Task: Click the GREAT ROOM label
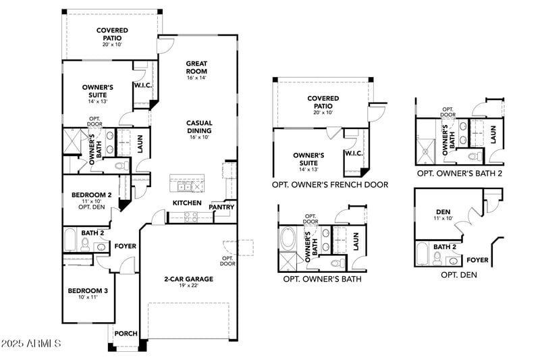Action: [196, 68]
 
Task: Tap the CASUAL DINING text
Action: [200, 127]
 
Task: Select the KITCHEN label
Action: [186, 203]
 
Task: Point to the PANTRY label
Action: [221, 207]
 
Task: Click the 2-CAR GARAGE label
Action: [188, 278]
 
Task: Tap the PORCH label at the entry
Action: [126, 333]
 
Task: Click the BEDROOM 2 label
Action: [91, 196]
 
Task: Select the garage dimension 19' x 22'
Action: [188, 286]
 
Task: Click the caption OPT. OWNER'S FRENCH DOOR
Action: [330, 184]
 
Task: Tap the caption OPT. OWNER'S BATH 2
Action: [460, 173]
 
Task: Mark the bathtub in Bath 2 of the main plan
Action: [70, 240]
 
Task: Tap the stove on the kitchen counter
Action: [190, 216]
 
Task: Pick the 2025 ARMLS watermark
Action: [32, 344]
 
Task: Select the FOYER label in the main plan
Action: [126, 247]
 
